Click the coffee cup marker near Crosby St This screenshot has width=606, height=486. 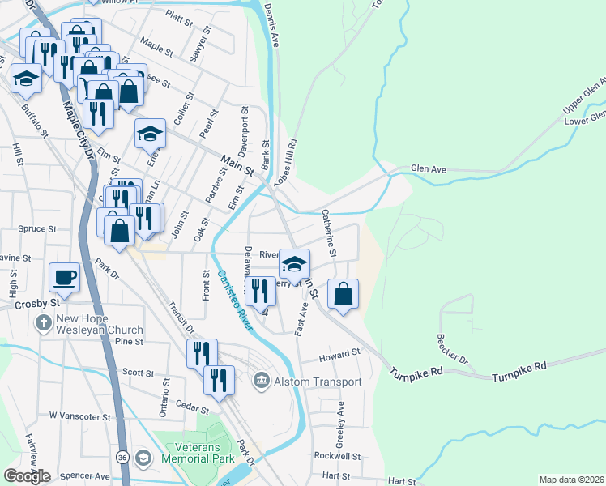[x=65, y=277]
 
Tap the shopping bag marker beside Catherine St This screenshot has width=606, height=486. [x=344, y=293]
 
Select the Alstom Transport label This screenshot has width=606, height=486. [x=318, y=382]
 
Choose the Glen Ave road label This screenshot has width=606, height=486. [x=429, y=169]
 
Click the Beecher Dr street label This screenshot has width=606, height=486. [x=452, y=347]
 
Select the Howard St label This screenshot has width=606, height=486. [x=339, y=355]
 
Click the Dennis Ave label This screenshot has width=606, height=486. [x=271, y=24]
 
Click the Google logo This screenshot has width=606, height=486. [x=27, y=476]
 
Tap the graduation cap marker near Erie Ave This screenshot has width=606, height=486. [x=150, y=133]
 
